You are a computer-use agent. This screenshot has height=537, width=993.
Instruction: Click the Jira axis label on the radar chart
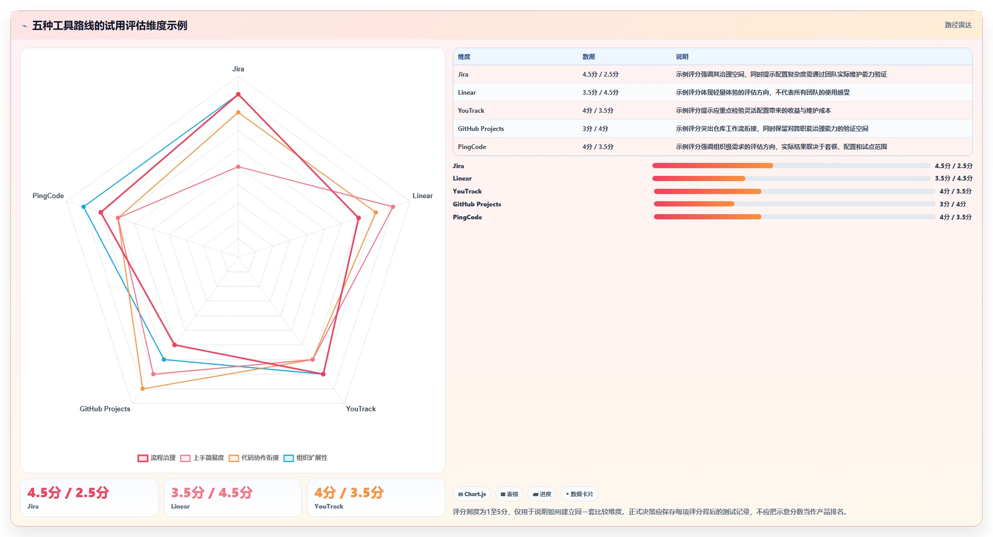[x=238, y=69]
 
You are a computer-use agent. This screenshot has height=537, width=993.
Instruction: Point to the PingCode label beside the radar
[x=48, y=196]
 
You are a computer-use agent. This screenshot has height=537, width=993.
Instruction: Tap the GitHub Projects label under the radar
[x=105, y=409]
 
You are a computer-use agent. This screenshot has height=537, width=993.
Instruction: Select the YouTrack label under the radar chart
[x=361, y=409]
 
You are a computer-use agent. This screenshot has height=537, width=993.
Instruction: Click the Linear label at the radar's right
[x=422, y=196]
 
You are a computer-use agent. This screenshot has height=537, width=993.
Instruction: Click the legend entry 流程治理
[x=157, y=458]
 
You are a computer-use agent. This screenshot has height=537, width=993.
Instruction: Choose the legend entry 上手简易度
[x=202, y=458]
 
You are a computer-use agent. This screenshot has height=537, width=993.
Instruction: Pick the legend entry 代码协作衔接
[x=254, y=458]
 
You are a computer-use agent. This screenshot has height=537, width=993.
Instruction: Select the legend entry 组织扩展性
[x=305, y=458]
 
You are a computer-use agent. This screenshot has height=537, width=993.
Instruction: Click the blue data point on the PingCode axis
[x=84, y=207]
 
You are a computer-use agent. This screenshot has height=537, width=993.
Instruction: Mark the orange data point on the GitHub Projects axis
[x=143, y=389]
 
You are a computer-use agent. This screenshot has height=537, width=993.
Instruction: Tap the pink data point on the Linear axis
[x=393, y=207]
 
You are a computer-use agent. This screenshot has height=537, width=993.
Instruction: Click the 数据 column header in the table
[x=589, y=57]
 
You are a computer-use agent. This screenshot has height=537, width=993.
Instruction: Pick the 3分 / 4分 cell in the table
[x=595, y=129]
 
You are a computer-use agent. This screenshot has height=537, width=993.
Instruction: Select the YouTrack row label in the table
[x=471, y=111]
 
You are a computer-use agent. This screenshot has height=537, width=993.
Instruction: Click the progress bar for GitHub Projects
[x=795, y=204]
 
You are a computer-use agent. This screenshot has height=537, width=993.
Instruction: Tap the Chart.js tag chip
[x=472, y=494]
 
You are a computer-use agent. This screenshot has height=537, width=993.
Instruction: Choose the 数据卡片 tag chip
[x=579, y=494]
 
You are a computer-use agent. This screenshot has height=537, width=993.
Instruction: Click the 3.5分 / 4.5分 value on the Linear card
[x=212, y=493]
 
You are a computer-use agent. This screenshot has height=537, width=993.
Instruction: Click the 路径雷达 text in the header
[x=958, y=25]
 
